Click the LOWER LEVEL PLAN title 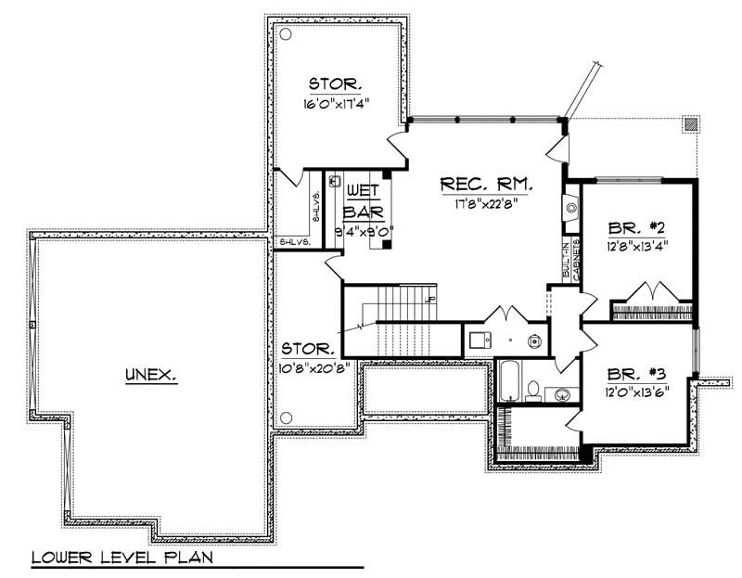tap(122, 559)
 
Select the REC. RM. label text tap(486, 186)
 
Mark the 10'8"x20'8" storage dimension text tap(308, 366)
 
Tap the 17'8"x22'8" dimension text tap(485, 205)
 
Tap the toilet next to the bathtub tap(533, 389)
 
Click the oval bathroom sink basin tap(560, 395)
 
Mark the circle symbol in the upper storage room tap(287, 34)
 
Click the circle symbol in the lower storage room tap(287, 417)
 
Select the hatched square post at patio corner tap(689, 122)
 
